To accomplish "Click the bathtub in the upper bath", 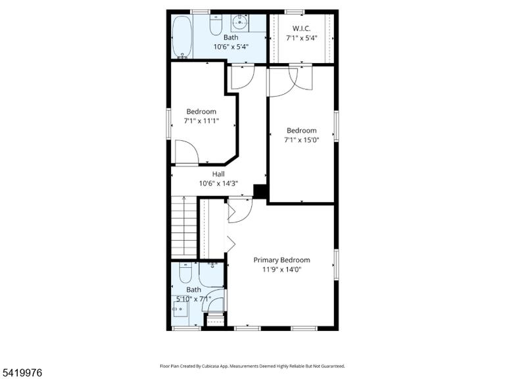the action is (183, 37).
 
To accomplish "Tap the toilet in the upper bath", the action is (216, 25).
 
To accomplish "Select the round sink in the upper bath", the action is (240, 22).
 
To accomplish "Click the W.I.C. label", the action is (301, 28).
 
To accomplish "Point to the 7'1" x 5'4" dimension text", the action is (302, 38).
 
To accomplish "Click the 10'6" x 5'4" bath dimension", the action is (231, 47).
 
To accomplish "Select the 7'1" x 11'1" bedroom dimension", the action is (201, 121).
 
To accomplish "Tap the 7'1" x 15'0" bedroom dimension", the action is (301, 140).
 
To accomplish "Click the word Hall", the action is (218, 174).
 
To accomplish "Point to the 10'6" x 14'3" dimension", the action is (218, 184).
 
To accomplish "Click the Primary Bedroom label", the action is (282, 260).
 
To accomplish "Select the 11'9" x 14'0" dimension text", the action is (282, 269).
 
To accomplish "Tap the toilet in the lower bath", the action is (185, 273).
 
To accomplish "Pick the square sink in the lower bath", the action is (180, 309).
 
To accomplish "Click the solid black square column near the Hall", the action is (260, 191).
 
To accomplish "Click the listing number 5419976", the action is (21, 373).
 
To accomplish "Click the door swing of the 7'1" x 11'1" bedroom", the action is (187, 152).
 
